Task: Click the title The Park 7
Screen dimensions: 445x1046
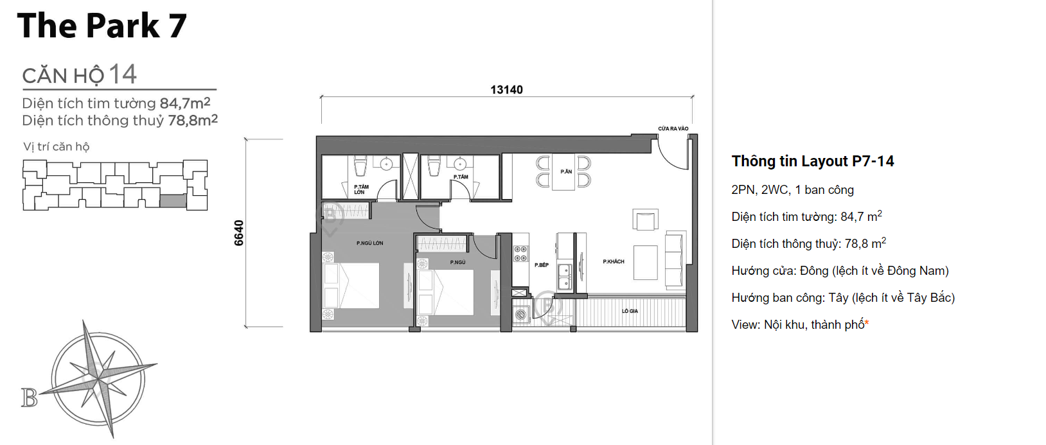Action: [102, 26]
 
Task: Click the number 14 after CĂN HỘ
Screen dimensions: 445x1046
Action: [122, 74]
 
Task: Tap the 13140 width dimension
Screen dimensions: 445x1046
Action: [506, 90]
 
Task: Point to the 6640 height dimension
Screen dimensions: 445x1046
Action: [239, 232]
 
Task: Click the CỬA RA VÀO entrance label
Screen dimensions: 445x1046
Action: [673, 128]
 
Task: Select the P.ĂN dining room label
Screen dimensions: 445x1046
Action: [565, 171]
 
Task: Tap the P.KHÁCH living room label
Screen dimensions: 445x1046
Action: [613, 261]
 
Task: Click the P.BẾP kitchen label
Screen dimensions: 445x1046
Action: [542, 265]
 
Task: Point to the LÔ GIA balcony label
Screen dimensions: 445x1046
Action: [630, 311]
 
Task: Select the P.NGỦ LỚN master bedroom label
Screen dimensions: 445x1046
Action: [369, 243]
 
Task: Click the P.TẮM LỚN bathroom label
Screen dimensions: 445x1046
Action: [361, 189]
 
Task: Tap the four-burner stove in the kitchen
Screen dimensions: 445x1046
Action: [520, 254]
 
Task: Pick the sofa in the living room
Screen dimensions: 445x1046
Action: [673, 259]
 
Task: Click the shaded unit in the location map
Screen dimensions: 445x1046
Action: [172, 200]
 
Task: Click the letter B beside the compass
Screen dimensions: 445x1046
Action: [29, 398]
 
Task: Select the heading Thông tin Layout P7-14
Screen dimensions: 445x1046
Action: [812, 161]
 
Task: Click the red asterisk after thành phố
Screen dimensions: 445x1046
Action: [867, 322]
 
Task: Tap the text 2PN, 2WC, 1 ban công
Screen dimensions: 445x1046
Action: [792, 189]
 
